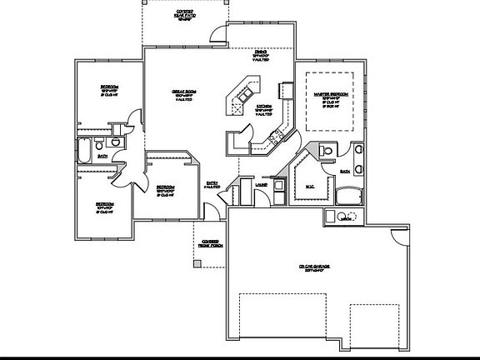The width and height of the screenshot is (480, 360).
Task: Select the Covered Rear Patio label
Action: coord(185,13)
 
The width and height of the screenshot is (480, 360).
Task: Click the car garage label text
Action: coord(315,268)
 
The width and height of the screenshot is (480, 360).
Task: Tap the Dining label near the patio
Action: coord(260,55)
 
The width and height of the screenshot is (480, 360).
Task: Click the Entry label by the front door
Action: coord(212,185)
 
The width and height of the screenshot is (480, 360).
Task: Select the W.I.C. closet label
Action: coord(309,185)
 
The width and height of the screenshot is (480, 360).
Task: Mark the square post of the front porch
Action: coord(197,263)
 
